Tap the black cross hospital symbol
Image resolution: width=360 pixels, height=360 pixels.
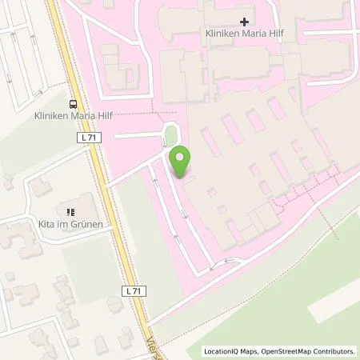244,21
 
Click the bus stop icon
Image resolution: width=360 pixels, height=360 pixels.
74,104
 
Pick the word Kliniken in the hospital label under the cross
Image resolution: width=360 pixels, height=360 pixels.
217,35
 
